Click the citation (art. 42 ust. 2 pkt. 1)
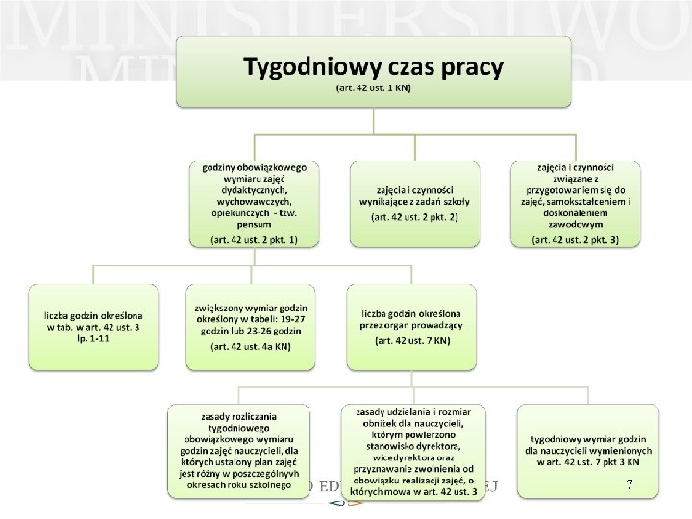[255, 237]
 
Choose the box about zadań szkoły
[414, 203]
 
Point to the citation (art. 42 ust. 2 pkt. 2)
[414, 217]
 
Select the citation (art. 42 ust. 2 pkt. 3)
[575, 238]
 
